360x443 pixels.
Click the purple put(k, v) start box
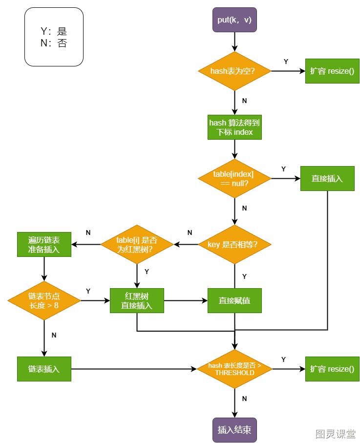click(x=234, y=20)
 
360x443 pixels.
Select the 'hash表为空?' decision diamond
click(x=234, y=71)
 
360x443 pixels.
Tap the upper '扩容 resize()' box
click(x=332, y=71)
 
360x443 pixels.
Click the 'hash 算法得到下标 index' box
click(x=234, y=127)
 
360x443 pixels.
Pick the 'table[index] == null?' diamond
click(x=234, y=179)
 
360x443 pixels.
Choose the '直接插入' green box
click(x=327, y=179)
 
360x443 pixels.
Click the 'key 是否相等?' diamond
click(x=234, y=244)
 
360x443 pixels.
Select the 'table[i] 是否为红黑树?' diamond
click(x=137, y=244)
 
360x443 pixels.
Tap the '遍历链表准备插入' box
click(x=44, y=244)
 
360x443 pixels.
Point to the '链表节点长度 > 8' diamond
click(x=44, y=300)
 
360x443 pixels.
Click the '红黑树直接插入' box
click(x=137, y=300)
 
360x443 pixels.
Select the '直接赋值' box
click(x=234, y=300)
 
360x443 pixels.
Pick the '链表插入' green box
click(x=44, y=369)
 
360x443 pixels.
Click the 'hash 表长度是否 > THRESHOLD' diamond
click(x=234, y=369)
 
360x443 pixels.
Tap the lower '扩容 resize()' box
click(x=332, y=369)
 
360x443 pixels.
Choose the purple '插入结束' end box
click(x=234, y=430)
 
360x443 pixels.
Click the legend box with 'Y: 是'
click(x=54, y=37)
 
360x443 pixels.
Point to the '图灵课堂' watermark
click(x=336, y=434)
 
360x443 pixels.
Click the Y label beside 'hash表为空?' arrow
click(x=286, y=62)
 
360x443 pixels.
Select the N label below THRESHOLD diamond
click(x=244, y=399)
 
